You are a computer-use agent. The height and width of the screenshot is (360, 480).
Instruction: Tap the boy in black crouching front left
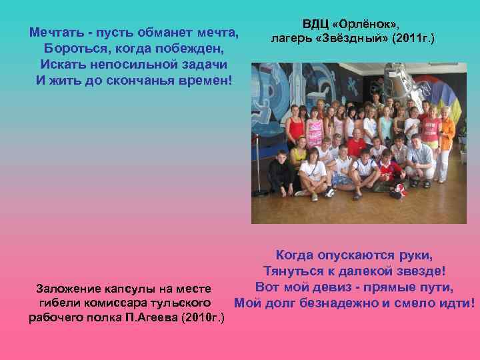click(281, 170)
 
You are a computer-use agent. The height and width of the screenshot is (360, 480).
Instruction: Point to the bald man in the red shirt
click(356, 143)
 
